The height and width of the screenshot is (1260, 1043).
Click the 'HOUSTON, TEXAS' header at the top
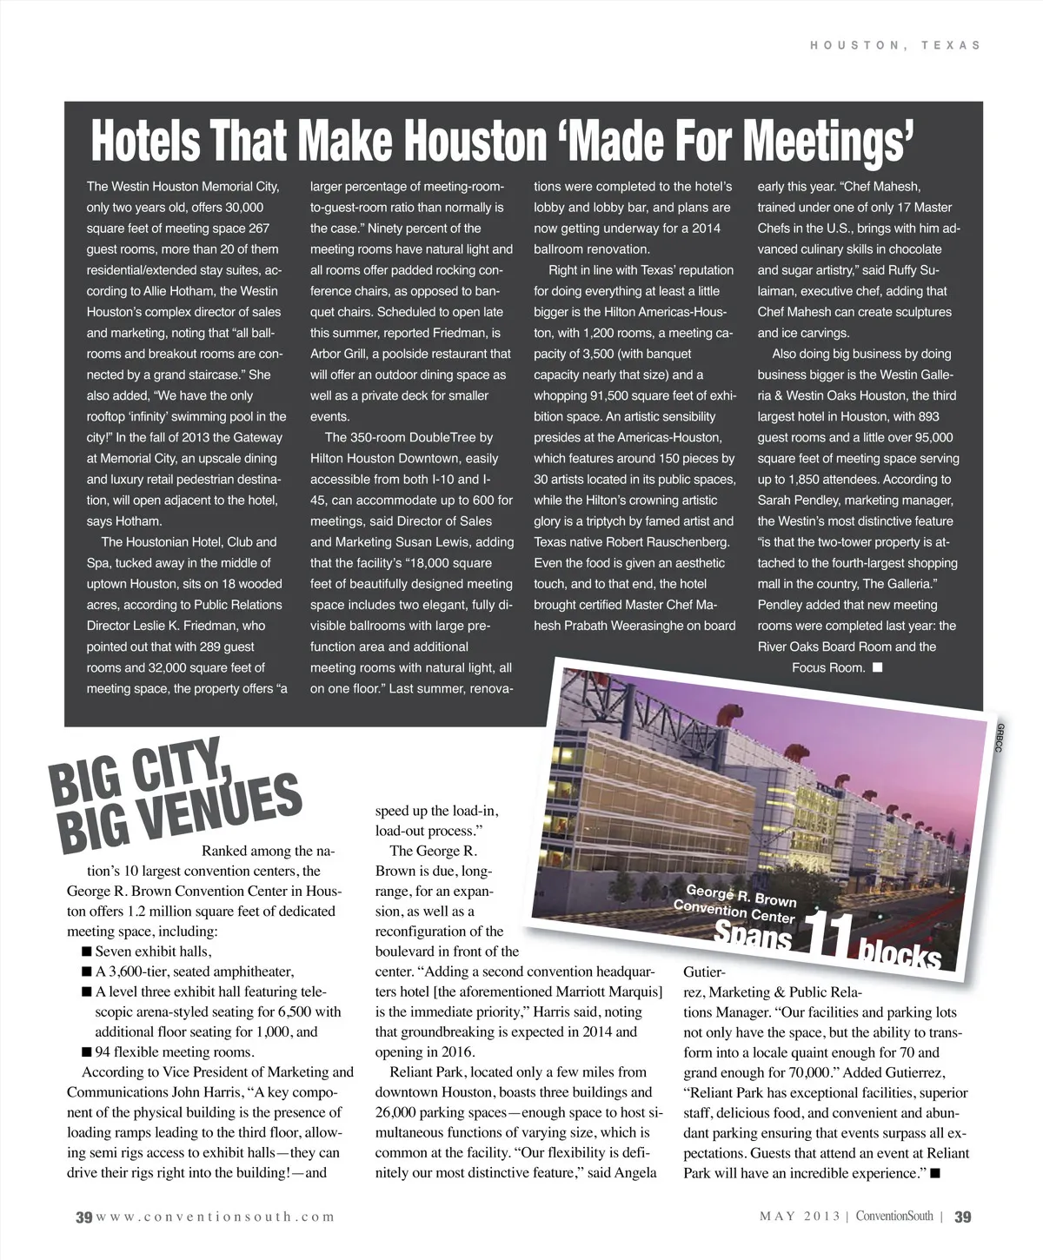(894, 45)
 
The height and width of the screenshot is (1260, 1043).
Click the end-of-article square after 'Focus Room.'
(877, 667)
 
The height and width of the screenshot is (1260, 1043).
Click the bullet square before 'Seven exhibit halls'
(87, 952)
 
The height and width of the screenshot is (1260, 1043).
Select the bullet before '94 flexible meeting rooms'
(87, 1052)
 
